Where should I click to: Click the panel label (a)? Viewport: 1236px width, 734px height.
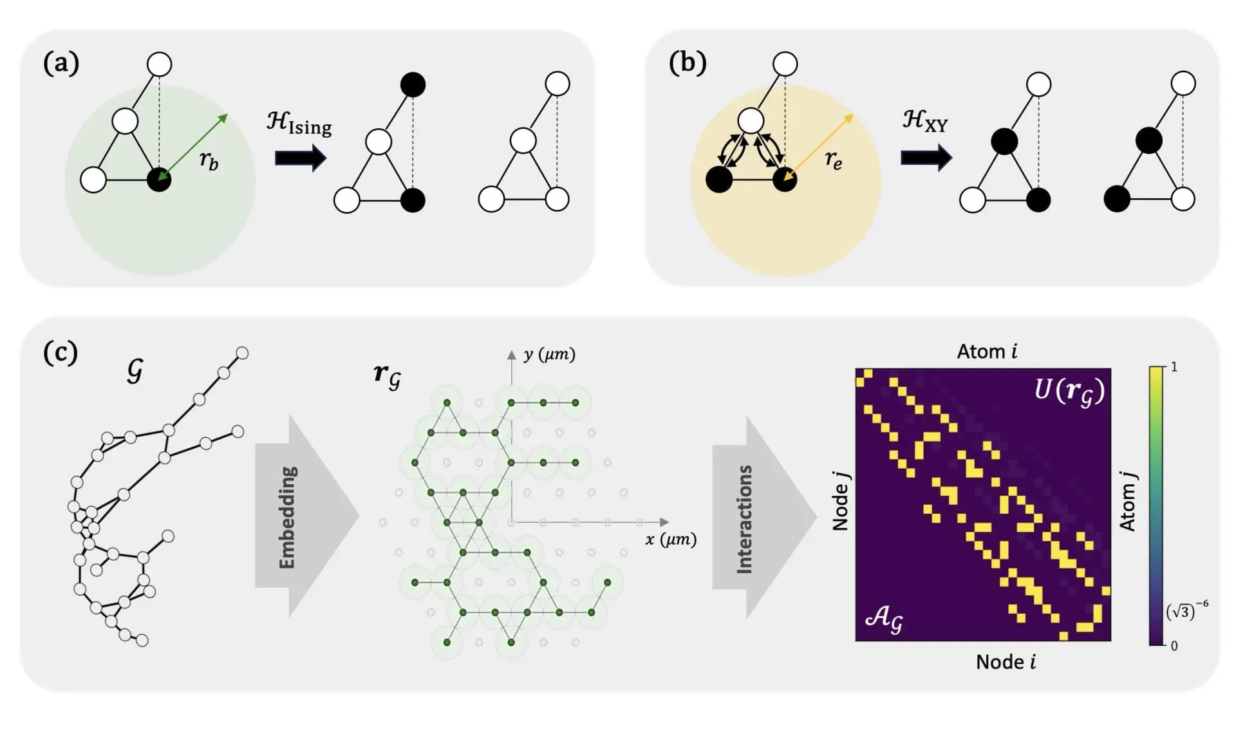pos(61,64)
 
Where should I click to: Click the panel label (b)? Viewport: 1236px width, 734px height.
pos(687,63)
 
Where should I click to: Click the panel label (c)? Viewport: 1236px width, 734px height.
pos(60,352)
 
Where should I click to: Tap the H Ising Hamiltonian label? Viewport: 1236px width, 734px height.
pos(299,122)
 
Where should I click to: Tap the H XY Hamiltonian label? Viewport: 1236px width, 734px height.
pos(925,120)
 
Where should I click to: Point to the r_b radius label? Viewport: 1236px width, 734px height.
pos(209,160)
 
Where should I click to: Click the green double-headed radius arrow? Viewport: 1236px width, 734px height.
pos(193,147)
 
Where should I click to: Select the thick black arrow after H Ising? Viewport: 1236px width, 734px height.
pos(300,158)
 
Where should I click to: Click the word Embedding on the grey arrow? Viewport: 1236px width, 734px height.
pos(287,517)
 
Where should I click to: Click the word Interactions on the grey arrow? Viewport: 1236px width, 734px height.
pos(744,519)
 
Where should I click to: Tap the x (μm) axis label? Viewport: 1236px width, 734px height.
pos(671,539)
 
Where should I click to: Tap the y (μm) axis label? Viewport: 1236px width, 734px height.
pos(549,354)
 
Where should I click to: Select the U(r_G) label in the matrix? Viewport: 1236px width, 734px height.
pos(1069,390)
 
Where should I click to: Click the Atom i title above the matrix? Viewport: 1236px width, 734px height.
pos(986,352)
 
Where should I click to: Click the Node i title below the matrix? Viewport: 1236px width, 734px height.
pos(1006,662)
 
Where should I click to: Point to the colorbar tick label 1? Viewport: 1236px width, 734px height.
pos(1174,367)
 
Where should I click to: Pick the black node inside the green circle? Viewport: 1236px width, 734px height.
pos(159,180)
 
